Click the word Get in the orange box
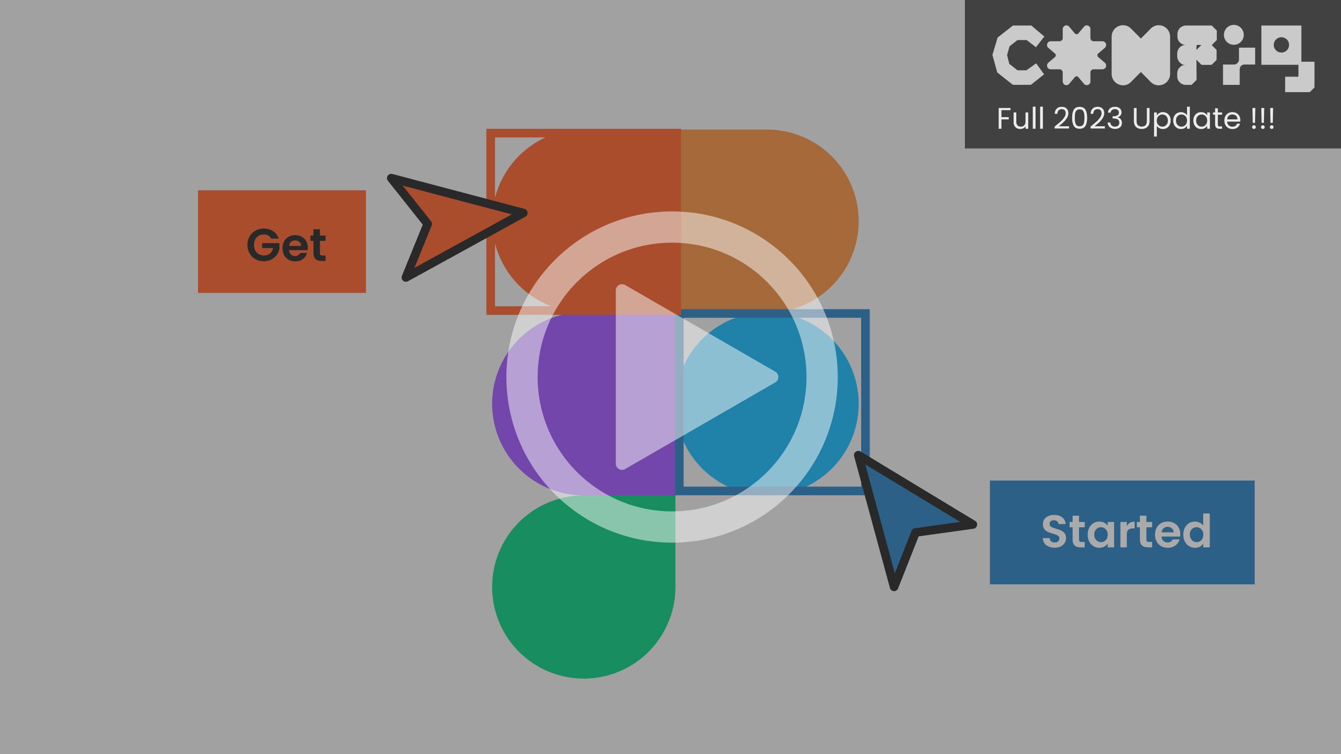[286, 245]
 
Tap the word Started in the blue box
[1126, 532]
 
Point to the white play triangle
[681, 377]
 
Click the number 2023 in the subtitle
[1088, 119]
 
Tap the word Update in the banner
[1186, 119]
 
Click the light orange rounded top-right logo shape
[770, 209]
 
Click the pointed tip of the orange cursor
[524, 213]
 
